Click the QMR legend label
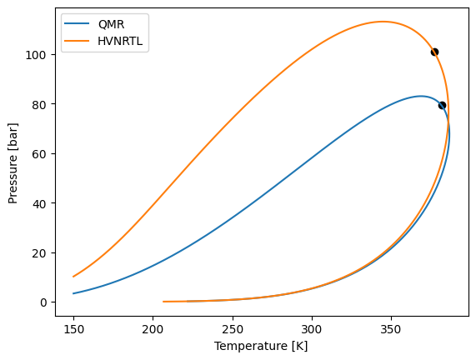click(111, 24)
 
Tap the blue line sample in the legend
click(79, 24)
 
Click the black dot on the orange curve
click(434, 52)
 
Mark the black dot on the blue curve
click(442, 105)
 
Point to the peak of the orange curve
click(383, 22)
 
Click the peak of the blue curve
click(421, 96)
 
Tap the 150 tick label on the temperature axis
click(73, 328)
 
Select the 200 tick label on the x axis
click(153, 328)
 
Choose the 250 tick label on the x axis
click(233, 328)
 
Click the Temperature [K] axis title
click(261, 346)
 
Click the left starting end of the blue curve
click(73, 293)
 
